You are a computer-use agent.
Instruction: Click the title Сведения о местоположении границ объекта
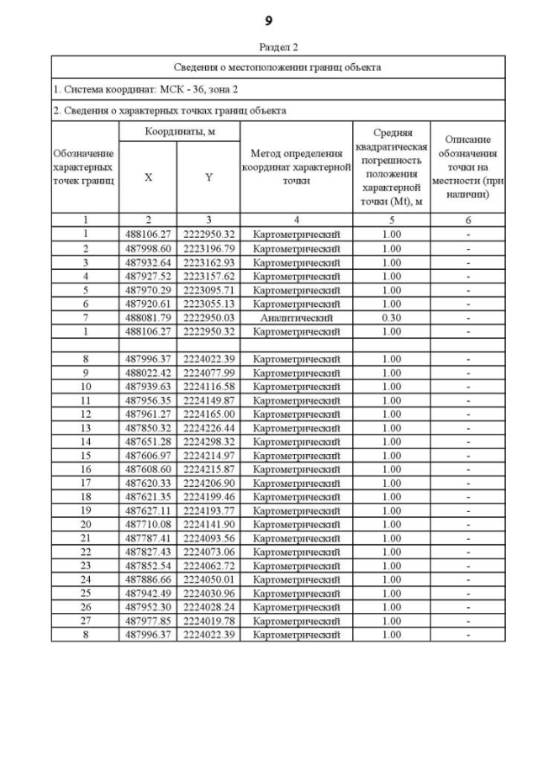click(277, 66)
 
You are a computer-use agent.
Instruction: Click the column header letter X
click(148, 177)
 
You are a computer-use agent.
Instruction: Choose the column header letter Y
click(208, 177)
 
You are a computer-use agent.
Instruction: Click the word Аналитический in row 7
click(296, 318)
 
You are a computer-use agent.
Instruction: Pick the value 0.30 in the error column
click(391, 318)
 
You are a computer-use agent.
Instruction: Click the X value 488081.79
click(148, 318)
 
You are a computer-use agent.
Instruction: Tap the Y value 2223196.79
click(208, 249)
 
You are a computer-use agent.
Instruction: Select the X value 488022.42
click(148, 373)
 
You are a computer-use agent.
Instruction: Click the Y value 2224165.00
click(208, 414)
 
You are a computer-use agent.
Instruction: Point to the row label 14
click(85, 441)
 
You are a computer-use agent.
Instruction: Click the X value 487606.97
click(148, 455)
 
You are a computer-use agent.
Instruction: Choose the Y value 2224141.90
click(208, 524)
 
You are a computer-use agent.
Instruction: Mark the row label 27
click(85, 621)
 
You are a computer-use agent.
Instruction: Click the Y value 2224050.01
click(208, 579)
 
